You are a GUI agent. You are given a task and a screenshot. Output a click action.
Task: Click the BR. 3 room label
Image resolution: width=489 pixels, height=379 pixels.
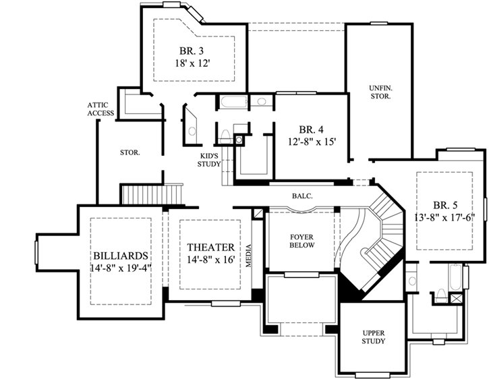(x=188, y=51)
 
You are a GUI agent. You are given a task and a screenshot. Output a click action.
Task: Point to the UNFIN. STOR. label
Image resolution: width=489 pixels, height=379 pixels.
(x=380, y=92)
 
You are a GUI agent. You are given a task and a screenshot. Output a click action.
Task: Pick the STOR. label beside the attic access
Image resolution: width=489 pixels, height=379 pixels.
(x=130, y=152)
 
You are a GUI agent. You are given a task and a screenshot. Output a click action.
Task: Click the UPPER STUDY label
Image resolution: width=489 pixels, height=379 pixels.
(x=373, y=337)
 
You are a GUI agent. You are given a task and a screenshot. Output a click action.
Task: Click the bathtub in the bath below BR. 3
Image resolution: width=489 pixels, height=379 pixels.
(x=233, y=102)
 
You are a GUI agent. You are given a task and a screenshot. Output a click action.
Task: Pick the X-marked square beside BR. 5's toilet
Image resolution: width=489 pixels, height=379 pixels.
(x=457, y=297)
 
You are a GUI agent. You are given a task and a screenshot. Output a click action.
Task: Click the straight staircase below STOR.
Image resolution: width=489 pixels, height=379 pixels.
(x=152, y=194)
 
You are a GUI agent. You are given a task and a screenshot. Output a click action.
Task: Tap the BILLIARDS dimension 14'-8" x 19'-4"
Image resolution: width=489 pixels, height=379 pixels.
(x=121, y=268)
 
